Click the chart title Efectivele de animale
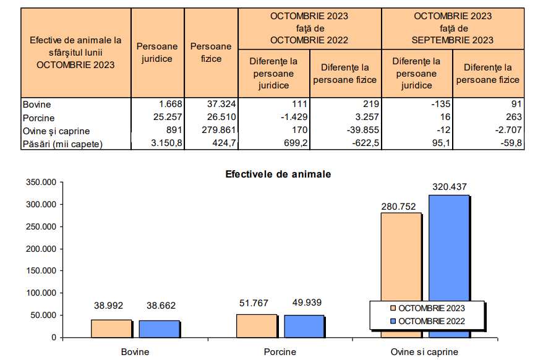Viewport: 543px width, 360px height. click(278, 174)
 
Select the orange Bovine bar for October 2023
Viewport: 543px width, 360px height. click(112, 328)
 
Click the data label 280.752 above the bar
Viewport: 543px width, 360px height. click(400, 207)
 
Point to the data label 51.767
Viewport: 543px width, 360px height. click(255, 302)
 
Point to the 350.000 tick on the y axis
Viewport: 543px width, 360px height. click(40, 182)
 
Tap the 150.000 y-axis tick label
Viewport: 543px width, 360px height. click(40, 271)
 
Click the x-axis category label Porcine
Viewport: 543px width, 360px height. click(280, 352)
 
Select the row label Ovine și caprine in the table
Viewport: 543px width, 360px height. click(56, 131)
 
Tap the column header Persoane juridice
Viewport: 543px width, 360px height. click(157, 53)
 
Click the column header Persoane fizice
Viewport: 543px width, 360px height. click(211, 53)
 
